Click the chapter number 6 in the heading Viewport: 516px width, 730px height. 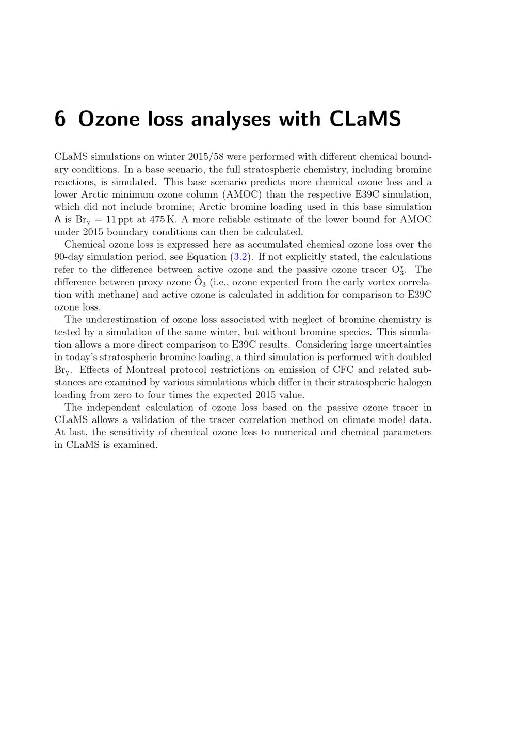pos(60,119)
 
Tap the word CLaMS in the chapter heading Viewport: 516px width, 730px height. pos(365,119)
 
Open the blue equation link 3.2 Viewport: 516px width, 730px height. pos(240,257)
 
